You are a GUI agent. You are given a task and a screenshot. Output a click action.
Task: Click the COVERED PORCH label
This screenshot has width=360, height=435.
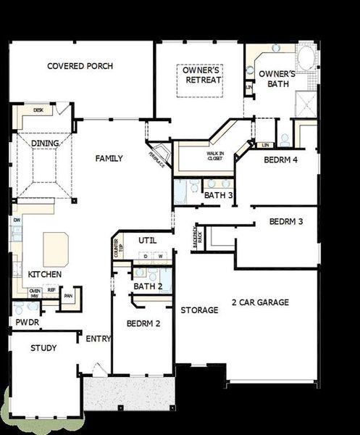[80, 66]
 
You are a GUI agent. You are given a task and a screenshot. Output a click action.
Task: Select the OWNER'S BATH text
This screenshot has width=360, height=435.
[277, 78]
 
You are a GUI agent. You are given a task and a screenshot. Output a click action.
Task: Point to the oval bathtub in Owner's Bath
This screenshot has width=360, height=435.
[307, 57]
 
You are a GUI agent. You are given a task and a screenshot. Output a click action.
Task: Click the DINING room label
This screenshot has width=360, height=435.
[45, 143]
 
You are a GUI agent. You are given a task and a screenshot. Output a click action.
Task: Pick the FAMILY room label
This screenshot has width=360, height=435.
[109, 159]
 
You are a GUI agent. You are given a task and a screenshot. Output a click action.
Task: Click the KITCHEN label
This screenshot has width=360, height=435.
[45, 275]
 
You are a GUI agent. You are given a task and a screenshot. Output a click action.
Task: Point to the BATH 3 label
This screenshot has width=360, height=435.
[218, 195]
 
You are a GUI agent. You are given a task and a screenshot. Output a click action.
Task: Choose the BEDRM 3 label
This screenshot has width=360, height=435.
[286, 221]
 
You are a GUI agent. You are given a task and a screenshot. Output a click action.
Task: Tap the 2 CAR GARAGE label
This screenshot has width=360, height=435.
[260, 302]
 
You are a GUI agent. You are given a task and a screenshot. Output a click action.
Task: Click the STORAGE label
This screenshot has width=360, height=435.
[199, 310]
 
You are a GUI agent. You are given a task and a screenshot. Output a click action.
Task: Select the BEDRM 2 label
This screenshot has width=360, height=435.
[143, 323]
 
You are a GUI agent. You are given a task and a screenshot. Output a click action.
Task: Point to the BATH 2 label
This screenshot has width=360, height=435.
[147, 286]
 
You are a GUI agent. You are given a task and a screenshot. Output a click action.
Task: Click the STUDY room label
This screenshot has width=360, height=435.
[43, 348]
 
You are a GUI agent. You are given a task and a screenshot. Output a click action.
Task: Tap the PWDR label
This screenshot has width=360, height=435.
[27, 322]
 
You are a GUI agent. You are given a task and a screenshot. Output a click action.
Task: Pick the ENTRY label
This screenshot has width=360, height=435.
[98, 339]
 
